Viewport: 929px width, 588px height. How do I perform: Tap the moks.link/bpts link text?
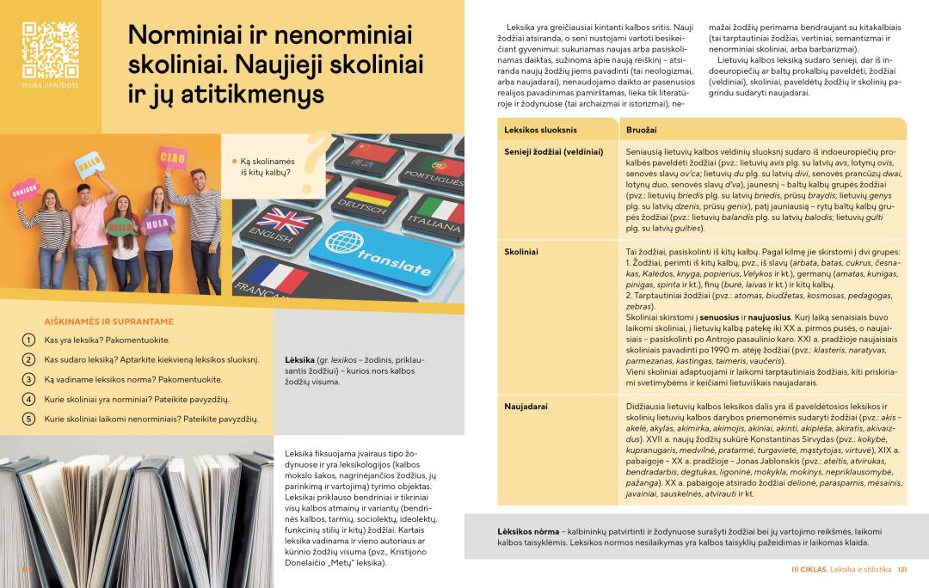pyautogui.click(x=50, y=86)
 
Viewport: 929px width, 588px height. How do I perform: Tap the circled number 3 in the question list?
pyautogui.click(x=28, y=379)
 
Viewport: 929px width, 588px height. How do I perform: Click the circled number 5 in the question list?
pyautogui.click(x=28, y=419)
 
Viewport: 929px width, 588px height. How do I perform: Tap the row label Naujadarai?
pyautogui.click(x=526, y=405)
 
